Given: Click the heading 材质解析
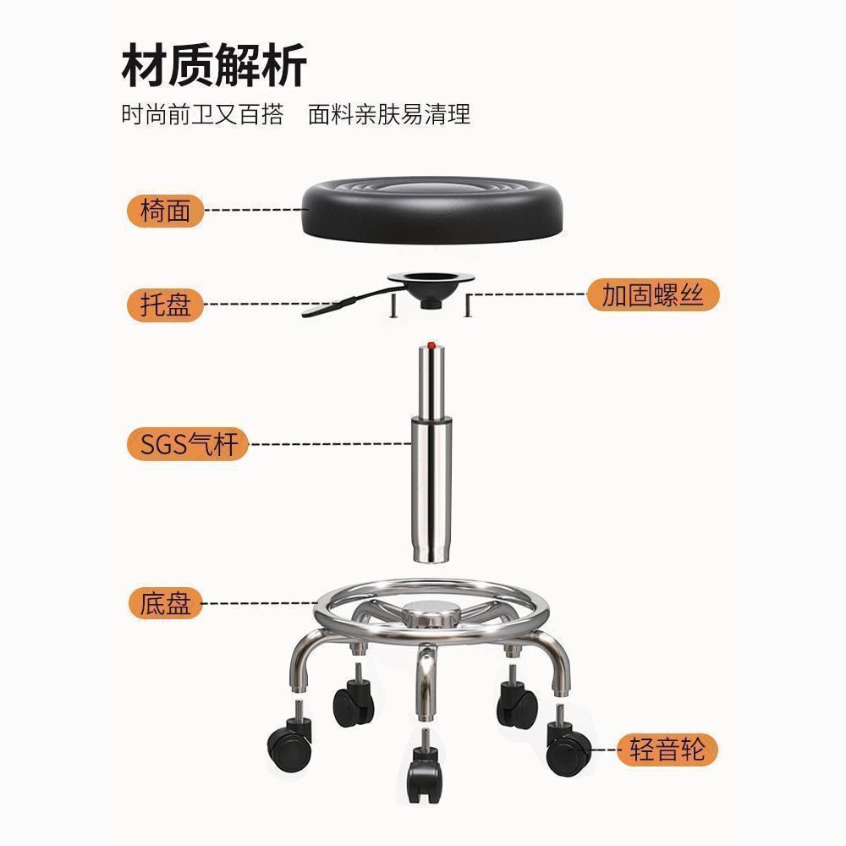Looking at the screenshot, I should coord(213,65).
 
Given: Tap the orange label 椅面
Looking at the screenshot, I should coord(166,210).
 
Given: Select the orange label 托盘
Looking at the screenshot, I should coord(166,305).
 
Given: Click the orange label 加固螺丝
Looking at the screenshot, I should coord(652,295).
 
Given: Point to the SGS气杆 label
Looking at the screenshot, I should coord(188,443).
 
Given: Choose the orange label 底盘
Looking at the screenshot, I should coord(166,604).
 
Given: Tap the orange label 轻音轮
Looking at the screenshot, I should coord(667,750).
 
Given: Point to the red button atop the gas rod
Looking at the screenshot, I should coord(432,345).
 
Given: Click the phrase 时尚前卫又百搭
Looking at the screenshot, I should coord(202,114).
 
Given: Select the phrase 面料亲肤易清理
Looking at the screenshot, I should coord(389,114).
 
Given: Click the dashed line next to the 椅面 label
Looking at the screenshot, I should coord(254,210).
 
